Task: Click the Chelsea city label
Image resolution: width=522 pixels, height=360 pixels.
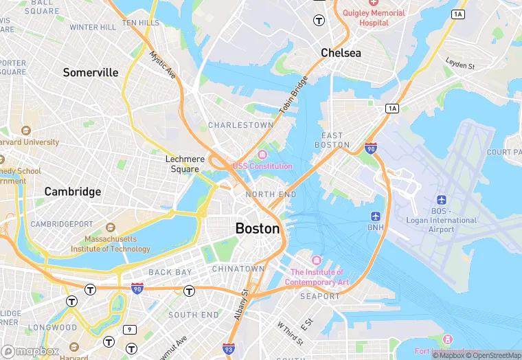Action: coord(341,53)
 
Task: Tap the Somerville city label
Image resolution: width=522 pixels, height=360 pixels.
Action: coord(91,72)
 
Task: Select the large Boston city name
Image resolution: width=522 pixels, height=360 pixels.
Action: coord(258,229)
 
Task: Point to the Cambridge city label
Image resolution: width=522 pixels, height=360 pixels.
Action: coord(73,192)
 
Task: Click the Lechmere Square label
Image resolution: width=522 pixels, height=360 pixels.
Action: coord(185,164)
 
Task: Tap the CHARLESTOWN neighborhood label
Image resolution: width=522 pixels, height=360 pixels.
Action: coord(240,125)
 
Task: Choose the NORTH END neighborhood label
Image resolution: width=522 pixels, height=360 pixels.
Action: coord(271,195)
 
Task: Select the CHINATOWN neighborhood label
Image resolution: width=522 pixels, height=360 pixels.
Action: coord(238,269)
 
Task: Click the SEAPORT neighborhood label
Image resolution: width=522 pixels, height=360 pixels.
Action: coord(320,296)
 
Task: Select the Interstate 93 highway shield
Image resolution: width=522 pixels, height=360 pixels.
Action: coord(229,350)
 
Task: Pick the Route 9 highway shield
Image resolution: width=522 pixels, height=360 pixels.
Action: coord(130,330)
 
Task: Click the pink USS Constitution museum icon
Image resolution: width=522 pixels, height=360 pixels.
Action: coord(262,154)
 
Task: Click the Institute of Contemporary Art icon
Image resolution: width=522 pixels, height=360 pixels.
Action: coord(316,260)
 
